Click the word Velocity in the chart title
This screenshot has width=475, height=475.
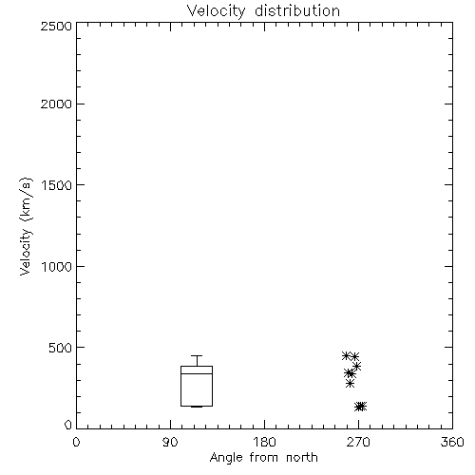point(216,11)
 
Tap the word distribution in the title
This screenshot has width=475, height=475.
point(297,10)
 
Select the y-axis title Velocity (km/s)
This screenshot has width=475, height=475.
point(26,226)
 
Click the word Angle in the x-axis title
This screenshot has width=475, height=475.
point(226,458)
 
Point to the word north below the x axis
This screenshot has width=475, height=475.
point(302,457)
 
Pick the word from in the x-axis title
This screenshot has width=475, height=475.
point(264,457)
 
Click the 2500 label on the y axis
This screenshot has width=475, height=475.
point(57,26)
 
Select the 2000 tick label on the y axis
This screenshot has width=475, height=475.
point(57,104)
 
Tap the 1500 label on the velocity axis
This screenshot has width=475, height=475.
point(57,185)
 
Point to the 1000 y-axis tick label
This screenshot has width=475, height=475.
point(57,266)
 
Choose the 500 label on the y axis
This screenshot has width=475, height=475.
point(61,348)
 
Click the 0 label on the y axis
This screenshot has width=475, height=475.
point(68,425)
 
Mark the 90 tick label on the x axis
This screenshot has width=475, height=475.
point(170,442)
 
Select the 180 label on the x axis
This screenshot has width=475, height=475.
point(264,442)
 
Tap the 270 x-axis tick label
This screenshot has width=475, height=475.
point(358,442)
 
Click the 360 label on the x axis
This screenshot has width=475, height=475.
point(452,442)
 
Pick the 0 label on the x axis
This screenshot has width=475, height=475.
point(76,442)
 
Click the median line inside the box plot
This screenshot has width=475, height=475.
point(197,373)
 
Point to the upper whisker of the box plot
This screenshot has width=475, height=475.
point(197,361)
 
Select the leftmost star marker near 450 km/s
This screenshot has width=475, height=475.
point(346,355)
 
